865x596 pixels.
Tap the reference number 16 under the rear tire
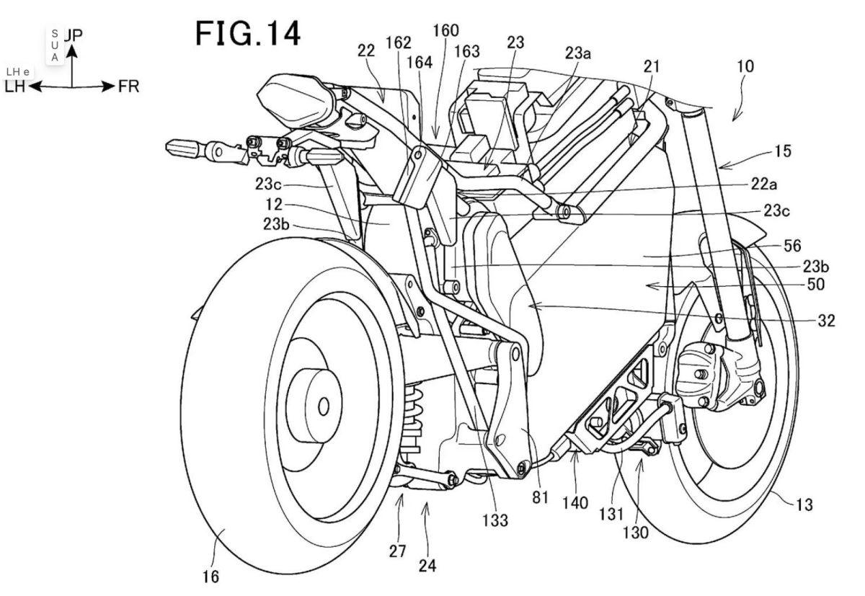point(211,577)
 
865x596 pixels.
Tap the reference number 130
point(636,533)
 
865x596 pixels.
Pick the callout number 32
point(827,321)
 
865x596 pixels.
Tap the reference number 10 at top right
point(745,67)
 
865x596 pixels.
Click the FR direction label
point(129,87)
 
